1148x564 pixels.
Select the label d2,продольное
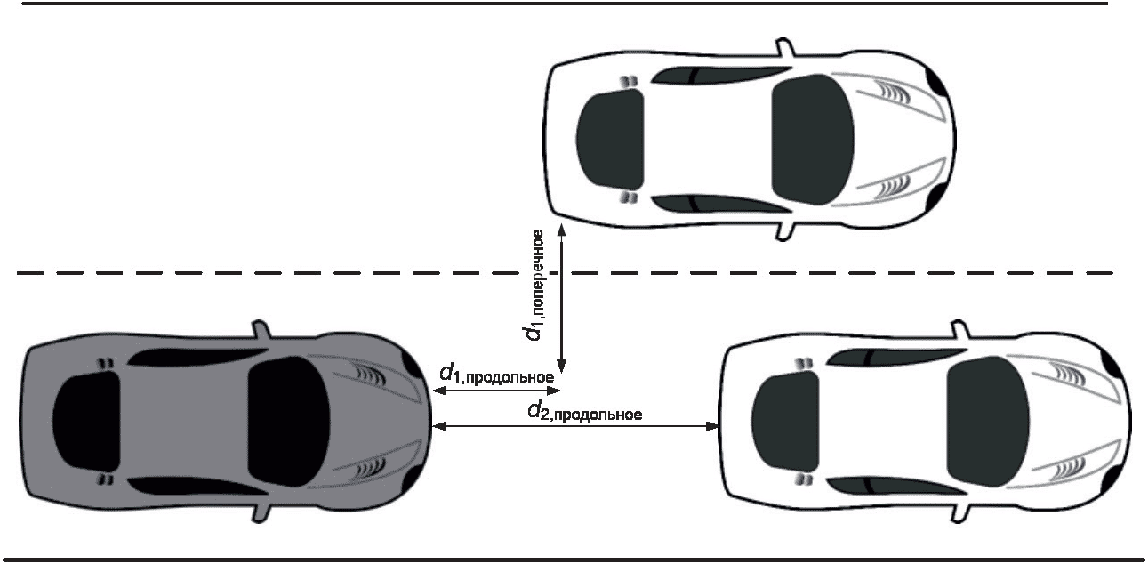(x=584, y=412)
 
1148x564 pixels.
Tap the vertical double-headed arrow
(x=561, y=298)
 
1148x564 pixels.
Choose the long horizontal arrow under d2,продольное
(x=574, y=427)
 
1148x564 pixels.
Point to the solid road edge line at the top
(x=569, y=4)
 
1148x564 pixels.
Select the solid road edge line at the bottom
(x=569, y=560)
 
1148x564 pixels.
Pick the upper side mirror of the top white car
(x=783, y=46)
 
